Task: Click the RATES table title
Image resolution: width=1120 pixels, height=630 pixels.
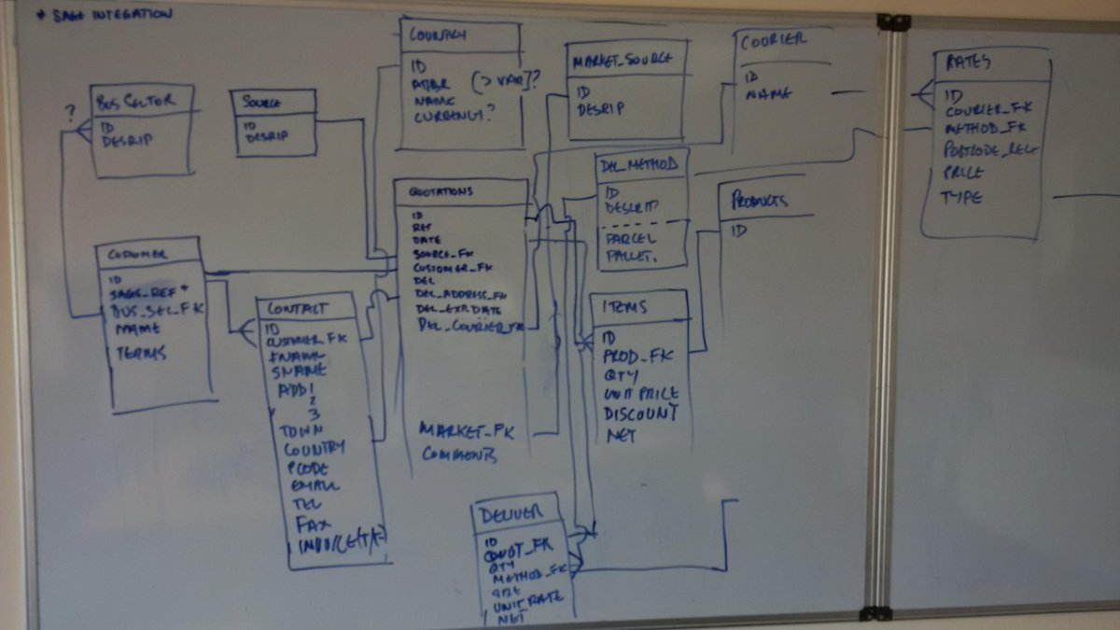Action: tap(969, 63)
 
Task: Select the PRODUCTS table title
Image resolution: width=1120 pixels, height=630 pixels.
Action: tap(759, 201)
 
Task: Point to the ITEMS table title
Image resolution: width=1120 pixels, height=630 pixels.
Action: tap(626, 306)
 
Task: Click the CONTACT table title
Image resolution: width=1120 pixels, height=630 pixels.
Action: tap(297, 308)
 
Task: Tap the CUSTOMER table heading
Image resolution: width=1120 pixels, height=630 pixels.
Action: tap(137, 254)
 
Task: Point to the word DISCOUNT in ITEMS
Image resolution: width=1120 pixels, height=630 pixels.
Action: tap(641, 413)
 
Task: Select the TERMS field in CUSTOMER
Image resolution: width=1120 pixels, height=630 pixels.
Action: tap(141, 353)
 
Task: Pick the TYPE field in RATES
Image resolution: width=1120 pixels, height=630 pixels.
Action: tap(960, 198)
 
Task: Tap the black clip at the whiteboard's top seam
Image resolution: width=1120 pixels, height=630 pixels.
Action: tap(893, 21)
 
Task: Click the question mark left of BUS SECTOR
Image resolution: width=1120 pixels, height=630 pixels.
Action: tap(69, 113)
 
